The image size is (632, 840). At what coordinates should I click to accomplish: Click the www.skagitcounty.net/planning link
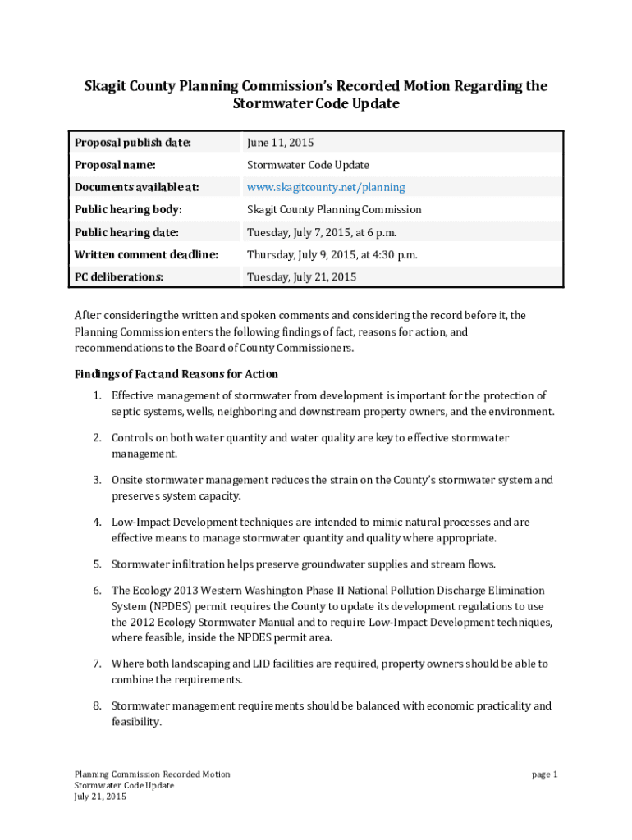coord(326,187)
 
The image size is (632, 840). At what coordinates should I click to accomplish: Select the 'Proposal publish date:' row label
coord(132,143)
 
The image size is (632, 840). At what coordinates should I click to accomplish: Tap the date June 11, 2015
coord(281,143)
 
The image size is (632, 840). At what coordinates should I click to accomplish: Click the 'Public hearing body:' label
coord(128,209)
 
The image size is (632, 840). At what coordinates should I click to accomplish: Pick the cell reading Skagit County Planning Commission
coord(334,209)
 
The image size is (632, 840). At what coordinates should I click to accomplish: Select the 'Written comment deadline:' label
coord(146,254)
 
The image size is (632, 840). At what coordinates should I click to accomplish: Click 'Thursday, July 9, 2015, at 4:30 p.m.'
coord(332,254)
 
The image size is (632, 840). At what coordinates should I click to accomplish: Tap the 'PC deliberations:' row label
coord(119,276)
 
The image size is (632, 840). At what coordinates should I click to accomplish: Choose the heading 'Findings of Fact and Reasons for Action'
coord(176,375)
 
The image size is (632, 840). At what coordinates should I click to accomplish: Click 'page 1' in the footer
coord(544,774)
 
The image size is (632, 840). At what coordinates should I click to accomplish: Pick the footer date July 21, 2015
coord(100,797)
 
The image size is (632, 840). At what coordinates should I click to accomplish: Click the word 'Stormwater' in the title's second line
coord(272,104)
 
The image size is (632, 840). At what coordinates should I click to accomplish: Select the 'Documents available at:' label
coord(136,187)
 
